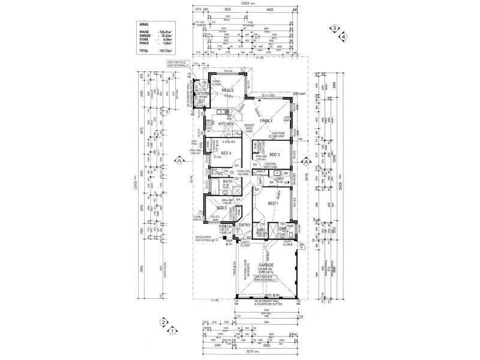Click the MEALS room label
(x=227, y=90)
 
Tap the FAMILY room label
(x=266, y=121)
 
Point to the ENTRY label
(x=244, y=225)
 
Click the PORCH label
(x=225, y=226)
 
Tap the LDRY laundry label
(x=278, y=179)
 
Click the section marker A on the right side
(x=305, y=161)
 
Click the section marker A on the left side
(x=178, y=161)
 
